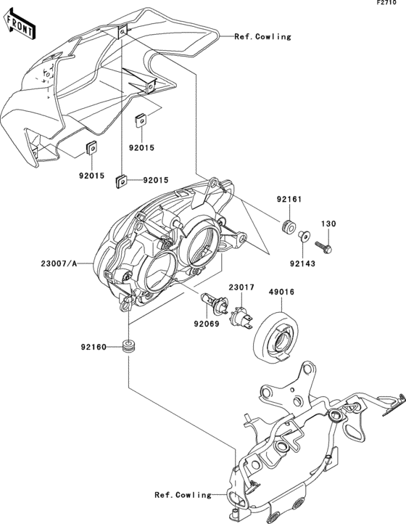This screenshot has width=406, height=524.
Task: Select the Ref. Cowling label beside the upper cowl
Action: (x=262, y=36)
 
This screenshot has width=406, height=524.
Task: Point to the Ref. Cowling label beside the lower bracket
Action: (x=183, y=495)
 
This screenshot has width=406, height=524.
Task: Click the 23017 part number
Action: (x=242, y=287)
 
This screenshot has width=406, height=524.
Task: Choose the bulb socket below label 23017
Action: (x=241, y=314)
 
